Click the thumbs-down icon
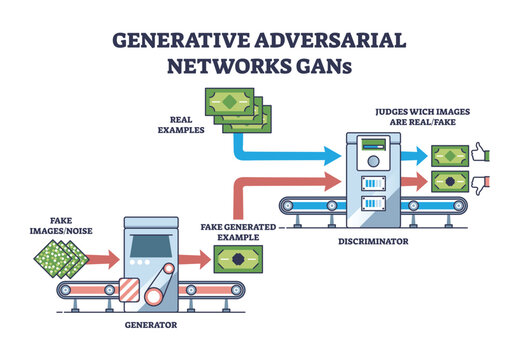[481, 185]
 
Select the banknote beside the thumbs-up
[450, 155]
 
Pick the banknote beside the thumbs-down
[450, 182]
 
